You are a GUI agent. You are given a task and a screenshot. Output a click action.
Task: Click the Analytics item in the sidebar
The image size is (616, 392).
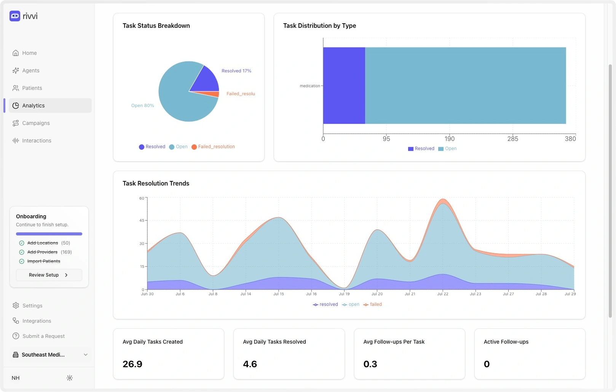coord(33,106)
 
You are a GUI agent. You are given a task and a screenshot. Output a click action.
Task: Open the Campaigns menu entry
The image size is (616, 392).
coord(36,123)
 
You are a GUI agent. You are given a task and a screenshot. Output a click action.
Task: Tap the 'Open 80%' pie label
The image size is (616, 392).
coord(142,106)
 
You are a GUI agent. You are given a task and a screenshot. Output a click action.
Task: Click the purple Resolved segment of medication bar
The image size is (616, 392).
coord(344,86)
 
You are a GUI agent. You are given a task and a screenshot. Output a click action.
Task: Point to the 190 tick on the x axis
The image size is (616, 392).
coord(450,139)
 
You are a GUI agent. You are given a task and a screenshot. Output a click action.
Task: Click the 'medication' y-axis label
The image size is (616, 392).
coord(310,86)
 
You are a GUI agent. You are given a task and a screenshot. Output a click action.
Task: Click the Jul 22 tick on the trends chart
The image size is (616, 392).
coord(442,294)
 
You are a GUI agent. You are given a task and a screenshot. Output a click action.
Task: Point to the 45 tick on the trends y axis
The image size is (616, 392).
coord(142,221)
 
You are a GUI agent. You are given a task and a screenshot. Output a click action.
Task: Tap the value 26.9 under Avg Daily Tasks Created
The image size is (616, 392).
coord(132,364)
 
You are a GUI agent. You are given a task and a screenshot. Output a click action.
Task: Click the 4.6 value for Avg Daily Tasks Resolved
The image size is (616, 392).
coord(250,364)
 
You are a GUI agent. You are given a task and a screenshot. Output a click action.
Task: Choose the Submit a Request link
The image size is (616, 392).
coord(43,336)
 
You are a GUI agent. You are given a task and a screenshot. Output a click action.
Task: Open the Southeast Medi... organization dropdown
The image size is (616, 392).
coord(49,355)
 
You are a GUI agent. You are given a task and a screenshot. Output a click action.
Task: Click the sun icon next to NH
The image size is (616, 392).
coord(70,378)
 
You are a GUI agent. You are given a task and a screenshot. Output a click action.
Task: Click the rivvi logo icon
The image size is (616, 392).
coord(15,16)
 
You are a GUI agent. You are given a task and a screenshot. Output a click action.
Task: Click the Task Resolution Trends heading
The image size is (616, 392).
coord(156,183)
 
